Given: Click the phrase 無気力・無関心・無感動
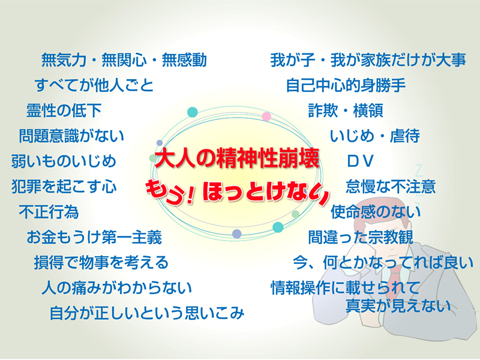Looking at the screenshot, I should pos(124,60).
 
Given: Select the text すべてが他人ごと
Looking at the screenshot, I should pos(94,85).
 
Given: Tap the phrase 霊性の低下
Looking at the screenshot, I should pos(64,110).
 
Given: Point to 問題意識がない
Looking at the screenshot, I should pos(71,136).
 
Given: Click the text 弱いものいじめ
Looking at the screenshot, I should pos(64,161).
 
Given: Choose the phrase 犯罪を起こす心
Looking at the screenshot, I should pos(64,187).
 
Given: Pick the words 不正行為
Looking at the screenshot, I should pos(49,212).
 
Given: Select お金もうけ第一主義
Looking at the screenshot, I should pos(94,237).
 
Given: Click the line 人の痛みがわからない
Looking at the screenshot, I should pos(116,287).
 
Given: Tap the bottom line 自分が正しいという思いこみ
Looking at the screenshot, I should pos(147,313).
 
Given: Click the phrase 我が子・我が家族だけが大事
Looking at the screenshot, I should pos(368,60).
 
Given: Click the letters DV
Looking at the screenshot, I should pos(361,161).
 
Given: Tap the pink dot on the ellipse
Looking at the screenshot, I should pos(266,116).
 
